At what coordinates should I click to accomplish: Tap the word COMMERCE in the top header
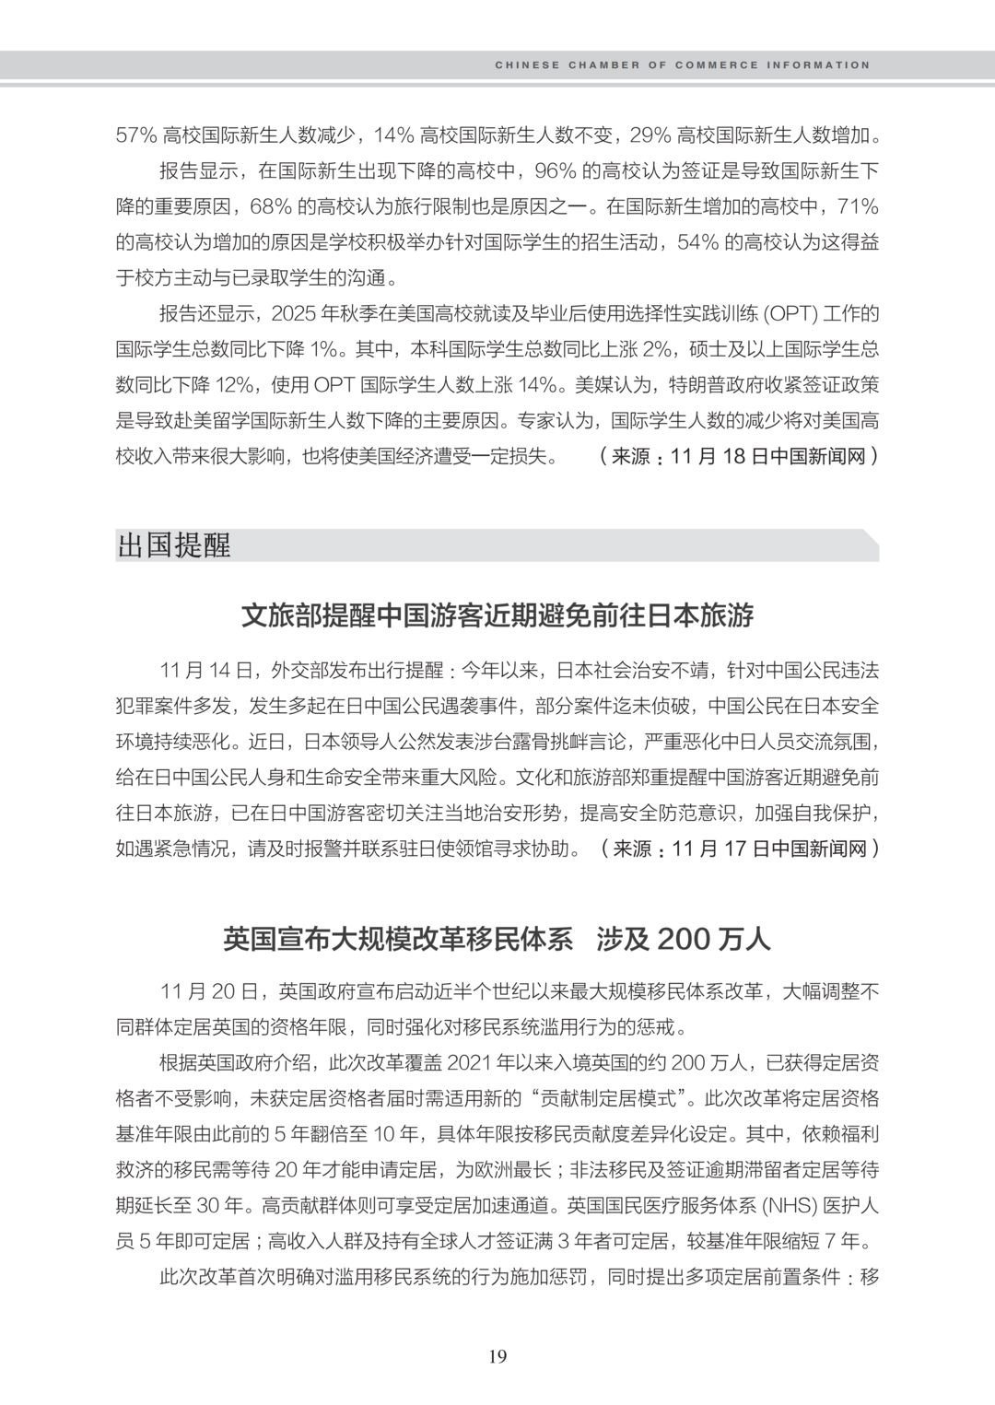[717, 65]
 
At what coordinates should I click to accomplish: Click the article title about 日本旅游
[497, 615]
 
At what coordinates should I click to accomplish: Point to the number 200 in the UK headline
[685, 939]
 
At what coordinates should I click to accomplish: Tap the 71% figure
[856, 207]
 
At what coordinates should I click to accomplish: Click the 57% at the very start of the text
[136, 136]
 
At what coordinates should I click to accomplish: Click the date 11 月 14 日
[205, 670]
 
